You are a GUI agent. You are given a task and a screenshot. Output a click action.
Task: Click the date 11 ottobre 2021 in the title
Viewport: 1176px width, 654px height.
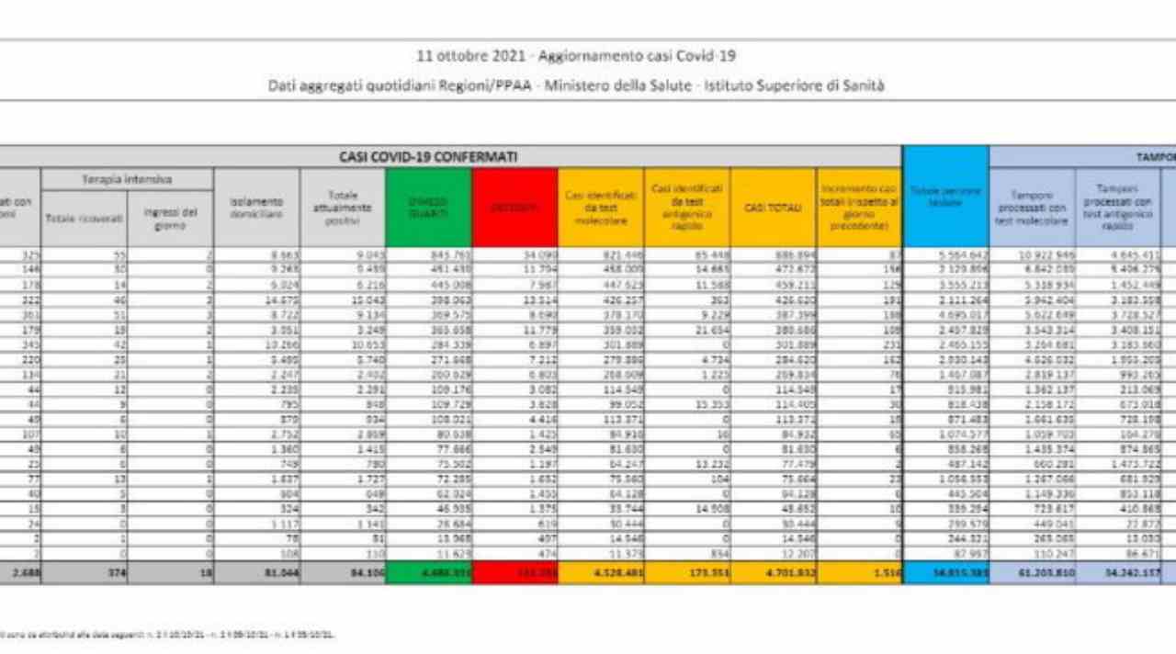[470, 56]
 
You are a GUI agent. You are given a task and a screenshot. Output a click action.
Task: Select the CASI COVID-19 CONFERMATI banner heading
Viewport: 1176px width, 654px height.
[427, 157]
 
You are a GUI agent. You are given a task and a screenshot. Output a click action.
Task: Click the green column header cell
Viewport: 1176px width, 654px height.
[428, 208]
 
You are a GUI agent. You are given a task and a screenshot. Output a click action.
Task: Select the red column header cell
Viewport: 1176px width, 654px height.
[514, 208]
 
